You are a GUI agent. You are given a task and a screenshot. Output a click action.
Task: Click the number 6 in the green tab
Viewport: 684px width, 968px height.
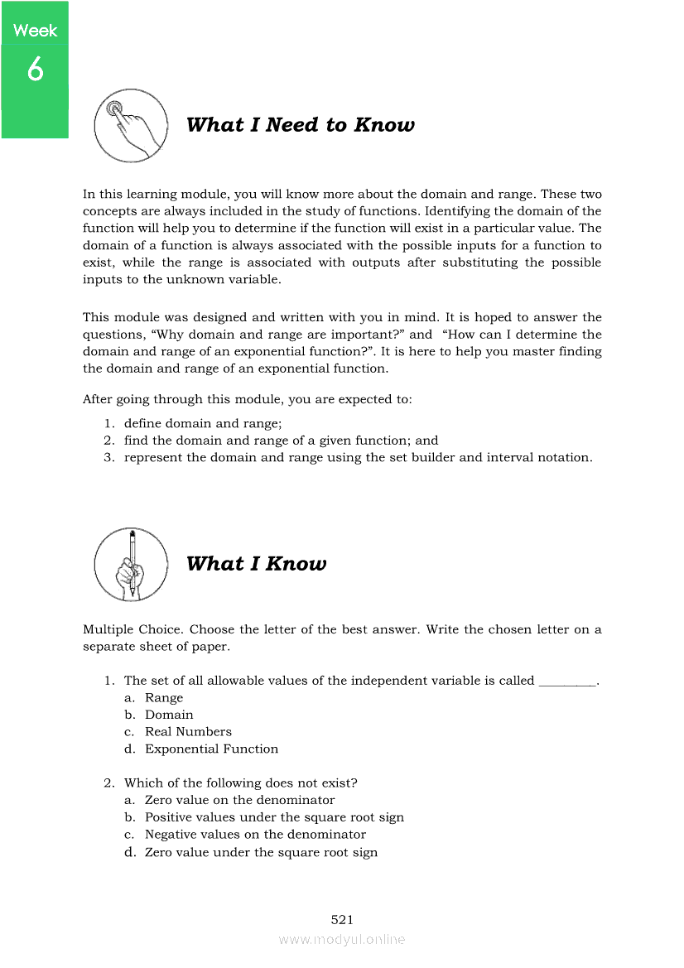coord(35,70)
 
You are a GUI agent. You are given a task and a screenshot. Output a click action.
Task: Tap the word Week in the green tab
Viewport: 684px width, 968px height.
coord(35,31)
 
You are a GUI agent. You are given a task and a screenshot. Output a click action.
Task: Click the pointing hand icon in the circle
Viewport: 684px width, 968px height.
coord(130,125)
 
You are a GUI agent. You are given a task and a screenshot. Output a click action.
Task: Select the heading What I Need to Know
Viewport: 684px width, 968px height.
coord(300,125)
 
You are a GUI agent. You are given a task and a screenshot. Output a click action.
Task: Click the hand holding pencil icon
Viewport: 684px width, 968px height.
coord(130,564)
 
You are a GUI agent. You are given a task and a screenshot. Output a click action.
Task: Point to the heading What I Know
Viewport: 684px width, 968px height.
coord(256,564)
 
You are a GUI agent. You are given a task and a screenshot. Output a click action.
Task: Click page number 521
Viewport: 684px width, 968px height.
coord(342,919)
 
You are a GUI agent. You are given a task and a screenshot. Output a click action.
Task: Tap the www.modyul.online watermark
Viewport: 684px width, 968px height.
coord(342,939)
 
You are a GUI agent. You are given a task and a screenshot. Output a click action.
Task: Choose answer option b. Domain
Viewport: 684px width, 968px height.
coord(169,715)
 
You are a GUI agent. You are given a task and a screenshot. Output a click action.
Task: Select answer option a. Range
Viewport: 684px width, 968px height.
coord(164,697)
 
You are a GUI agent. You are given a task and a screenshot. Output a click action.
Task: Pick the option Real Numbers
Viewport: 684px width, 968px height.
coord(188,732)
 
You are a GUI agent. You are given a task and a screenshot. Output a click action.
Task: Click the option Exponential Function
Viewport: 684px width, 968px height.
coord(211,749)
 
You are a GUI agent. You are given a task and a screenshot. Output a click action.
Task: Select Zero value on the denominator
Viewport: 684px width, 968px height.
coord(239,800)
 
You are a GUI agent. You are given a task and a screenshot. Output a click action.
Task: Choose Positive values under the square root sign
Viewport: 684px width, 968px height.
coord(274,817)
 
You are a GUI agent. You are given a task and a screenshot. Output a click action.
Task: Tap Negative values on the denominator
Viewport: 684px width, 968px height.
coord(255,835)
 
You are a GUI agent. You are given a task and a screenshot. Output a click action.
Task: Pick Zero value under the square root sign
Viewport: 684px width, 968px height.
coord(261,852)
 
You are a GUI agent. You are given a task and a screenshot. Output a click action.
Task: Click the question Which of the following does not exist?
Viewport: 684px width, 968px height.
coord(240,783)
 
